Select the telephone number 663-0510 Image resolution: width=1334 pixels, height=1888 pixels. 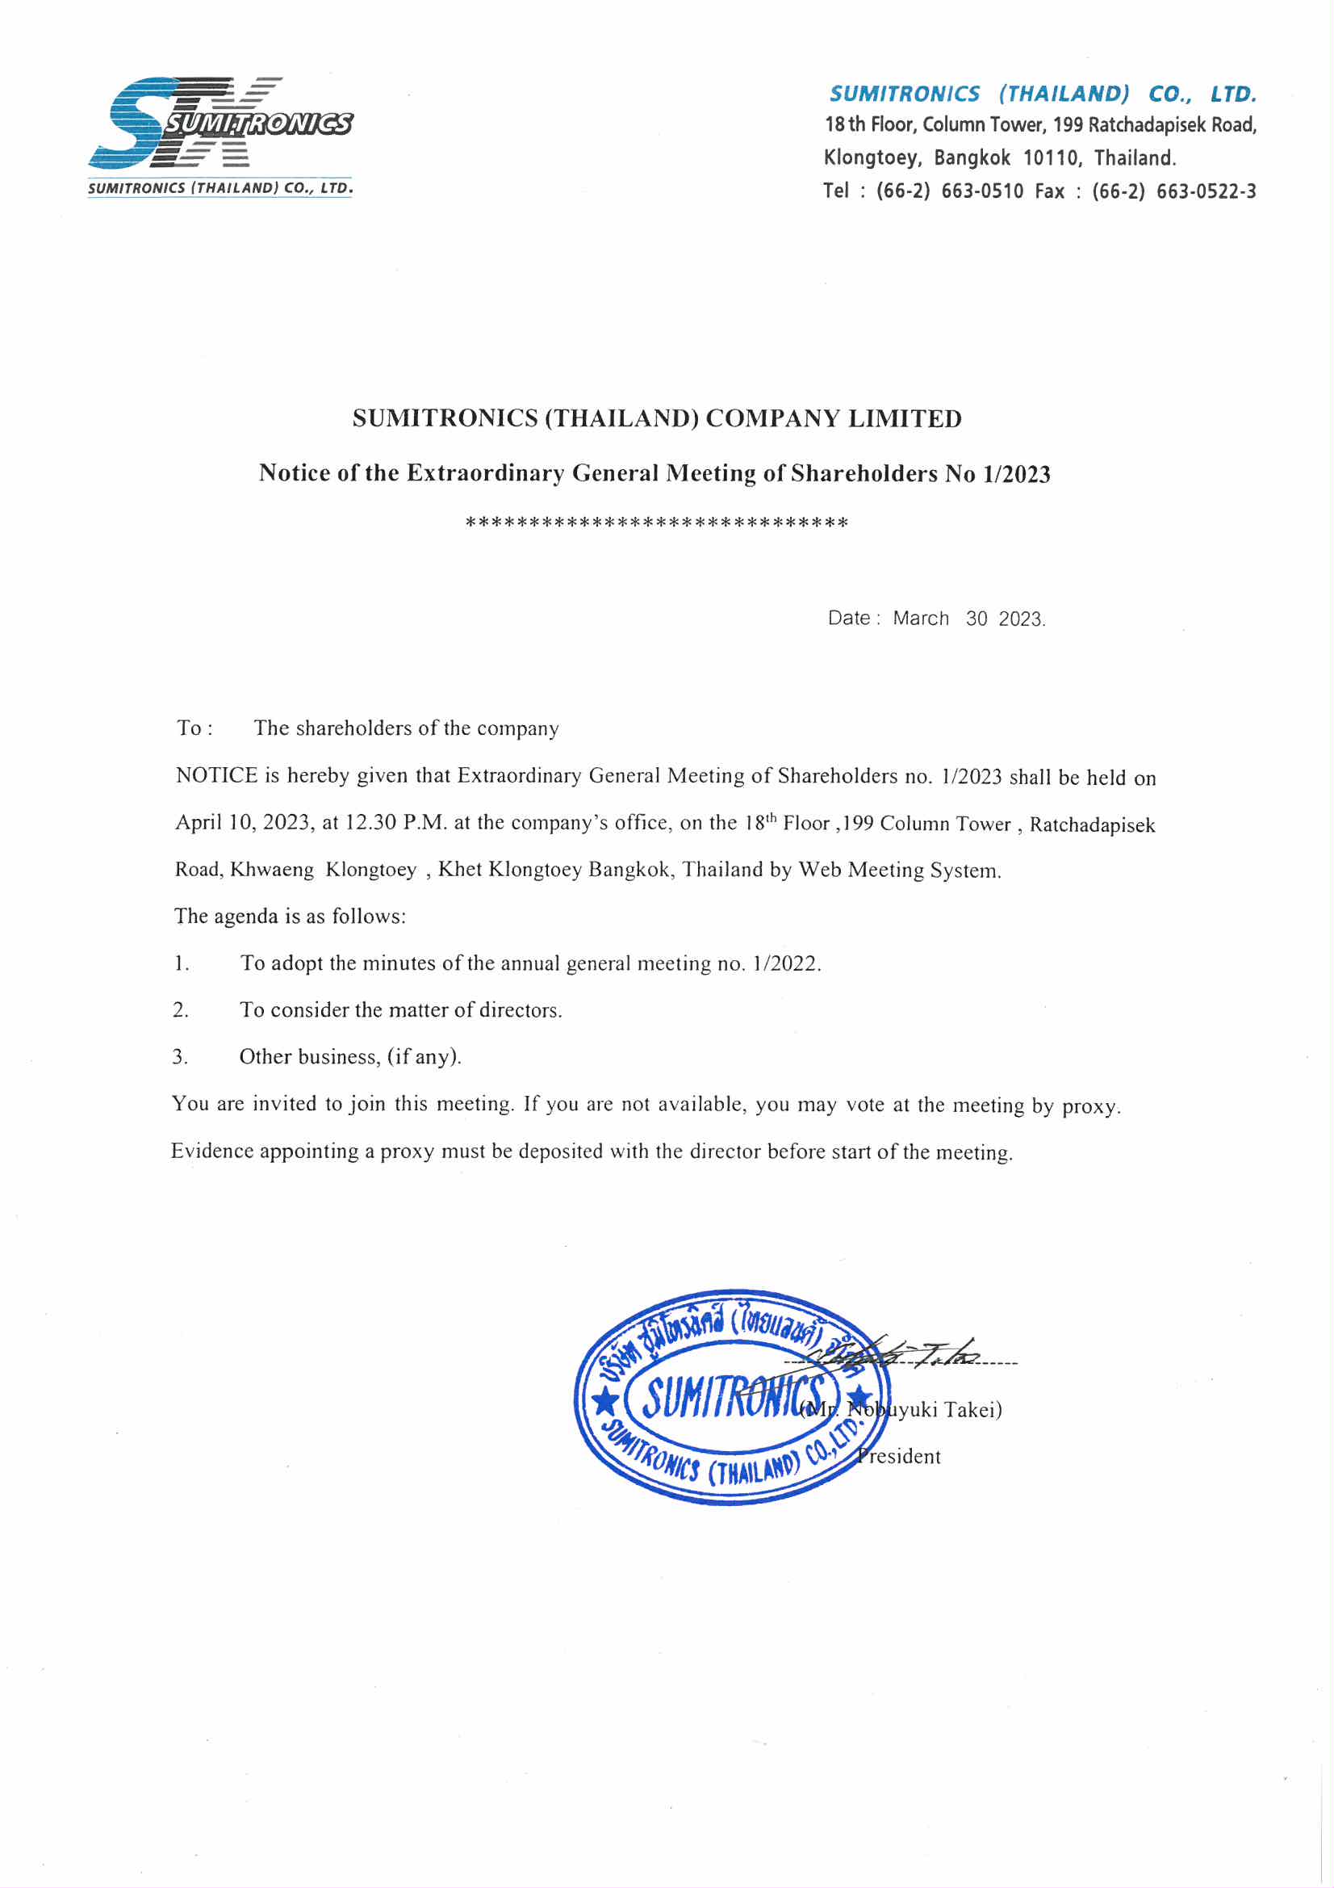982,191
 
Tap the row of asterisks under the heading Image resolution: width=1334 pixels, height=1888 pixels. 656,523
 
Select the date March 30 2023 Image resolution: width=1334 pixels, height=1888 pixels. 969,619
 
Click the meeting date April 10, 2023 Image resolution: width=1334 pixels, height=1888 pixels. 243,823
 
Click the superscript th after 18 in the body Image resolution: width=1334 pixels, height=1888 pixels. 771,818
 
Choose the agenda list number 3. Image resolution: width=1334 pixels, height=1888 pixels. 180,1058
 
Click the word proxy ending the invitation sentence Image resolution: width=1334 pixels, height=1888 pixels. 1090,1106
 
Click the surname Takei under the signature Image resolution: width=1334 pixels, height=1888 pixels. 972,1409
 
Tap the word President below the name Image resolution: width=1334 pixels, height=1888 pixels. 899,1456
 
